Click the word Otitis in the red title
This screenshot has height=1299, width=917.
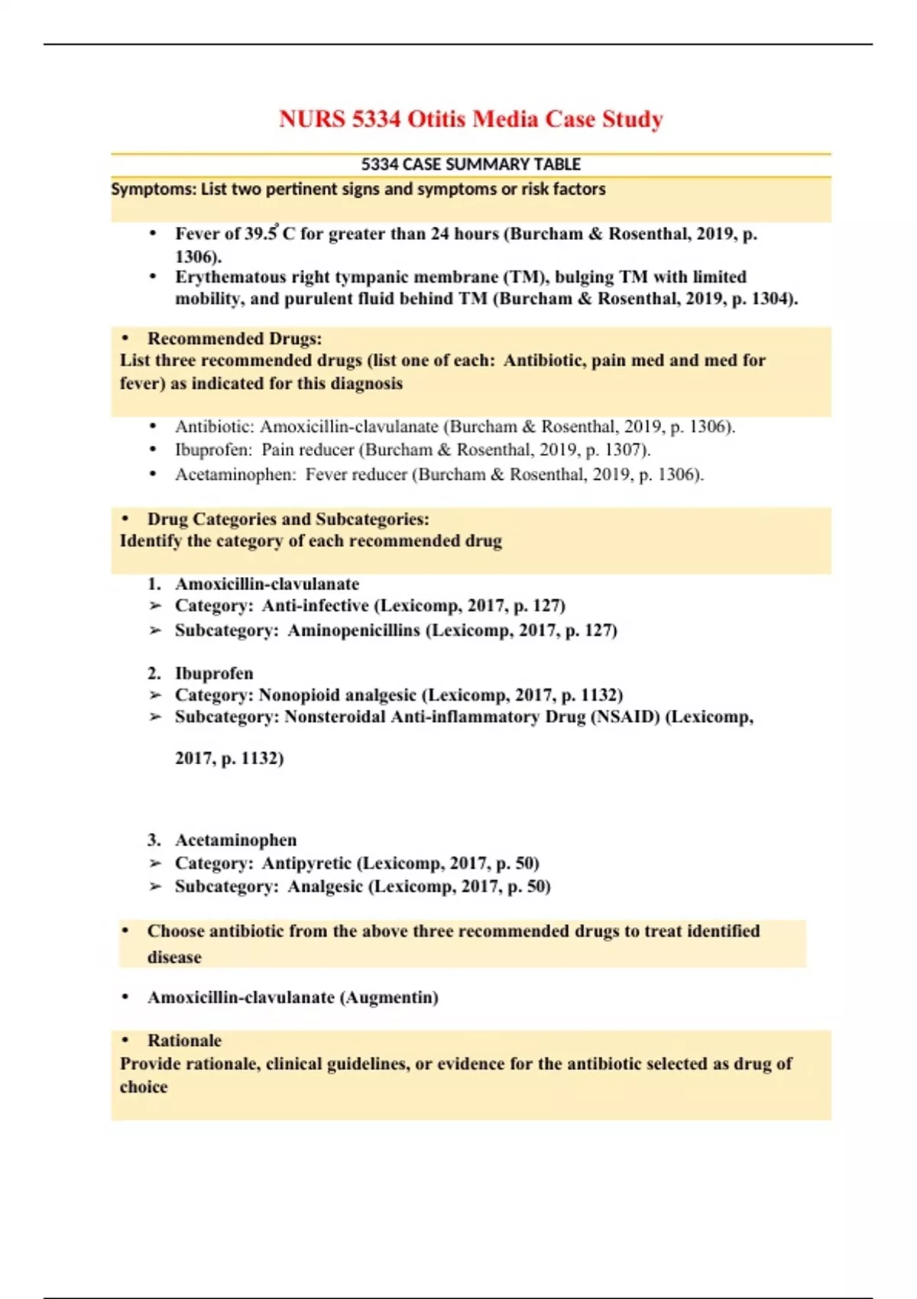pyautogui.click(x=436, y=119)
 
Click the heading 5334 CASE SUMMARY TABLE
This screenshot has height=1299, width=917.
pyautogui.click(x=471, y=164)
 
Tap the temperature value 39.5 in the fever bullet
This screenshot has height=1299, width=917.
pyautogui.click(x=261, y=234)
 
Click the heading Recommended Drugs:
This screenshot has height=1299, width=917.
pyautogui.click(x=235, y=339)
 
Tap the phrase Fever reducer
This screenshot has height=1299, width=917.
pyautogui.click(x=356, y=475)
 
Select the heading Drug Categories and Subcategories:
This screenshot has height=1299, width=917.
pyautogui.click(x=288, y=519)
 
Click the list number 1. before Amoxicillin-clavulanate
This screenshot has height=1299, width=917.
pyautogui.click(x=154, y=584)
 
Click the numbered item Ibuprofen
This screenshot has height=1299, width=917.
pyautogui.click(x=214, y=673)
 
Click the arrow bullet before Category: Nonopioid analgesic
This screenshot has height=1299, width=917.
pyautogui.click(x=156, y=695)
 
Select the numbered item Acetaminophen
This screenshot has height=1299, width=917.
pyautogui.click(x=235, y=840)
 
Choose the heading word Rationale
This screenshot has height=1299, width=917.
pyautogui.click(x=184, y=1041)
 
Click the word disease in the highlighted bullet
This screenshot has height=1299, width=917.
pyautogui.click(x=174, y=957)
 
